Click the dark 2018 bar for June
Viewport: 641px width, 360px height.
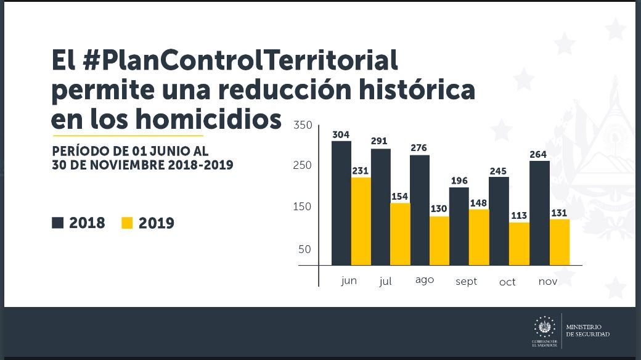(341, 203)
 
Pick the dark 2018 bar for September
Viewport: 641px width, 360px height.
(459, 226)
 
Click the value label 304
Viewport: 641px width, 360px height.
(341, 134)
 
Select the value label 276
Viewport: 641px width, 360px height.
(419, 148)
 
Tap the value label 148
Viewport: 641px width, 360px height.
(478, 203)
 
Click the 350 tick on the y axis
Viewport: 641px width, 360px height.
(303, 125)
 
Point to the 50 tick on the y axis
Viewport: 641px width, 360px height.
(304, 250)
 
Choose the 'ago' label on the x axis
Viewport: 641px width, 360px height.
(424, 280)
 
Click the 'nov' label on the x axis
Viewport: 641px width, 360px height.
(547, 281)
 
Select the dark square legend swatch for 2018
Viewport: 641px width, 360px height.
(58, 223)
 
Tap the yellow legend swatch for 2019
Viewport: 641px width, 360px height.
(127, 223)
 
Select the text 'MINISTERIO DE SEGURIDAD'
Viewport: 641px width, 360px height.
(587, 330)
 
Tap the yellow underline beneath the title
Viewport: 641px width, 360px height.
(127, 135)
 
